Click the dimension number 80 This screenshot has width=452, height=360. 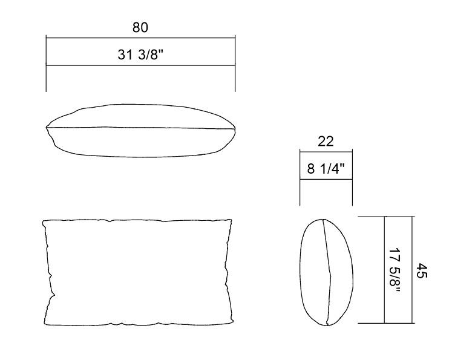[140, 27]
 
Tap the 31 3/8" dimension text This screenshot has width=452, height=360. [140, 54]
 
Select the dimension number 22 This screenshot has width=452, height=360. [326, 141]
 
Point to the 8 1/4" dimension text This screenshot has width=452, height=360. [326, 168]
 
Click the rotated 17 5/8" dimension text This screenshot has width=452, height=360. [395, 270]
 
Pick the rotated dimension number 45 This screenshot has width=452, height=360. [422, 270]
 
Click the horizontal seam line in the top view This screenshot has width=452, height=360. [140, 128]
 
